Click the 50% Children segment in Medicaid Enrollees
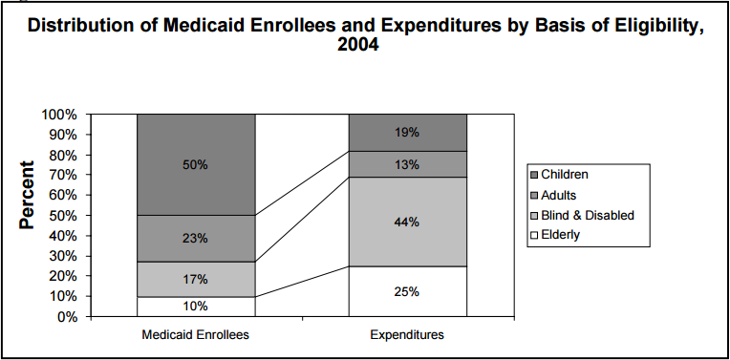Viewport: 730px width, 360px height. (196, 164)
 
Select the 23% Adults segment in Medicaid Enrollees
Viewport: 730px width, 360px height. (196, 238)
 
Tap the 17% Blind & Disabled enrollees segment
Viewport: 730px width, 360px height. (196, 279)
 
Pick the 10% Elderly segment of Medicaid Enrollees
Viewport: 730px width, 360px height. (196, 306)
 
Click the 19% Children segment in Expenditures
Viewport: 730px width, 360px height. (407, 133)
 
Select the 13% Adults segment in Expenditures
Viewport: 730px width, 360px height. (407, 164)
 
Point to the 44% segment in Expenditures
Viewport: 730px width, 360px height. (407, 222)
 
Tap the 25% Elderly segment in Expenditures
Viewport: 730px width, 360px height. (407, 291)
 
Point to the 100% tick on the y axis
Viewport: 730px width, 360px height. (59, 115)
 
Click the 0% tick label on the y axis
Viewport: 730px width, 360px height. (67, 317)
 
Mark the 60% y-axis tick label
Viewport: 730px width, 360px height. (63, 196)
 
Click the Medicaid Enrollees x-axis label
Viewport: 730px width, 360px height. (196, 336)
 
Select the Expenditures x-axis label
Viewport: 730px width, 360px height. (407, 336)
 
